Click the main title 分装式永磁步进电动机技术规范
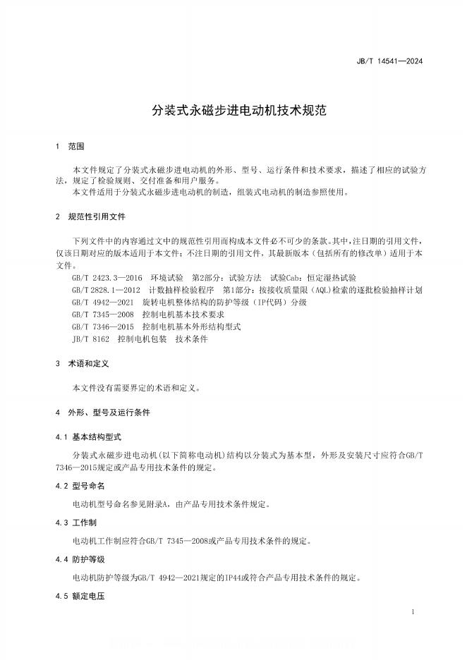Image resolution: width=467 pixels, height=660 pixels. click(x=233, y=111)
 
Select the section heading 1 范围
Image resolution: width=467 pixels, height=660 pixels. click(x=70, y=147)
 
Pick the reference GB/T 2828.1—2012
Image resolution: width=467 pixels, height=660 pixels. click(x=107, y=290)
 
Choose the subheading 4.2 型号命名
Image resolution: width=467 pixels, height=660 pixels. click(x=79, y=486)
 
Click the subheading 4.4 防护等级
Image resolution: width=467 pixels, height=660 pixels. click(x=79, y=559)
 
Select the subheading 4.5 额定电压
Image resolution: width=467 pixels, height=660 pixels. click(x=79, y=597)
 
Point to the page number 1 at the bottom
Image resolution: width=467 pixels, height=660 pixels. click(x=412, y=613)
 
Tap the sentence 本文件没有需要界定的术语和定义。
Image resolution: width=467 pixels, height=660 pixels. click(x=137, y=388)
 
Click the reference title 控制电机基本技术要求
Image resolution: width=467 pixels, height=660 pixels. click(x=183, y=314)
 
